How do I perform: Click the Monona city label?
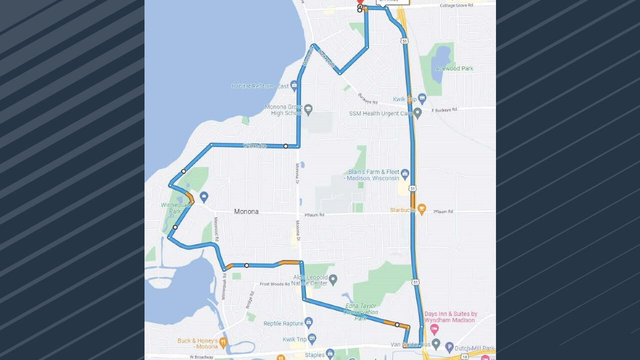(246, 211)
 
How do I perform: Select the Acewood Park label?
(454, 68)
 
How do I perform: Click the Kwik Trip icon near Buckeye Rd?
(422, 98)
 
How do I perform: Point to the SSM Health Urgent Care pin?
(417, 113)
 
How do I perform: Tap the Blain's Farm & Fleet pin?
(405, 174)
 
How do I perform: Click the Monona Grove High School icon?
(308, 109)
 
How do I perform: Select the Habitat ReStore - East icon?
(294, 85)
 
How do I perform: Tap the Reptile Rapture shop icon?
(308, 322)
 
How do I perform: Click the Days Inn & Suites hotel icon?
(434, 329)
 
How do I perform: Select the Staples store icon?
(329, 354)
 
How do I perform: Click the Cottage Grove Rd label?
(456, 5)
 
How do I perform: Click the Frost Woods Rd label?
(274, 284)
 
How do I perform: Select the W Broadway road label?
(201, 357)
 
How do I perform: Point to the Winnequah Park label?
(172, 208)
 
